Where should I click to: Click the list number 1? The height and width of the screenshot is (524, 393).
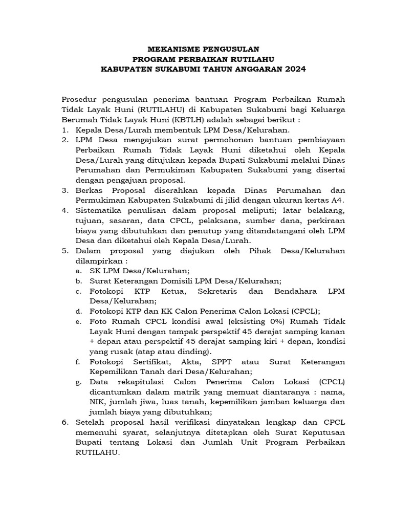point(64,130)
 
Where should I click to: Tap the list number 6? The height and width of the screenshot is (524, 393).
point(64,422)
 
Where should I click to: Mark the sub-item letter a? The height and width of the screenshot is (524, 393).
point(78,270)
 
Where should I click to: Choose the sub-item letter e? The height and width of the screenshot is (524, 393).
point(78,321)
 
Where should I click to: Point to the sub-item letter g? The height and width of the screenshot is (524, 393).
point(78,381)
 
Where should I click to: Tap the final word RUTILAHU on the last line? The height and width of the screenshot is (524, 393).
point(97,452)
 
